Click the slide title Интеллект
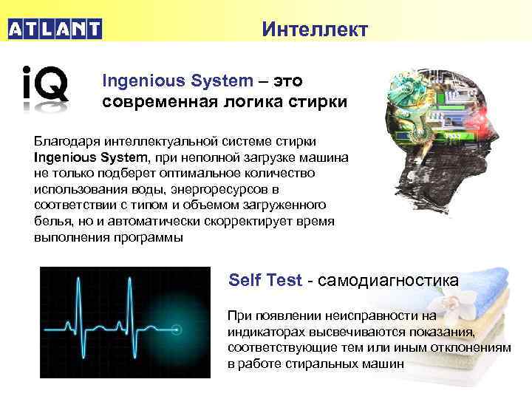point(314,30)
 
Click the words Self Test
point(265,281)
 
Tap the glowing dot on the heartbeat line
point(176,327)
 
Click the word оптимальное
point(214,173)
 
